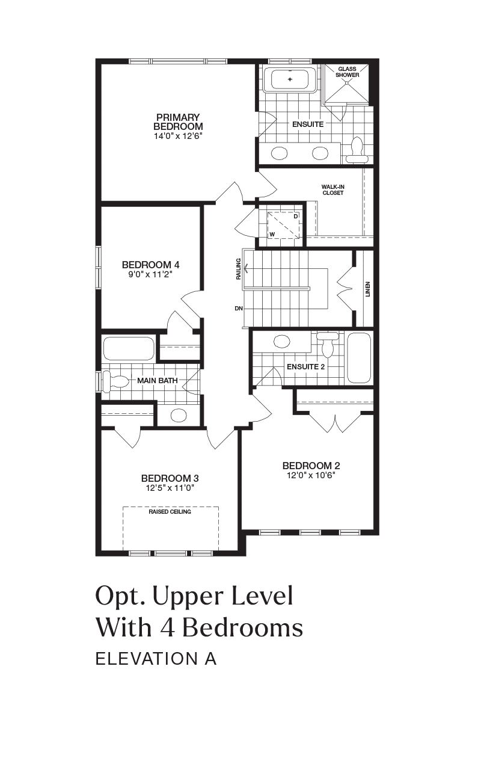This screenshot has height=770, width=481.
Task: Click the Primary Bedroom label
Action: (178, 122)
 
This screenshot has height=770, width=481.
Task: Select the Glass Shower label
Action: (348, 72)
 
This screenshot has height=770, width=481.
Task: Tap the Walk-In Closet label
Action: (333, 189)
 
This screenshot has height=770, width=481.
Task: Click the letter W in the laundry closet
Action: (272, 234)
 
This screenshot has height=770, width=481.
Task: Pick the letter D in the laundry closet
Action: (295, 217)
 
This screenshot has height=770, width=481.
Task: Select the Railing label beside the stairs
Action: (239, 269)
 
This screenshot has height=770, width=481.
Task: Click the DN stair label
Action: (239, 309)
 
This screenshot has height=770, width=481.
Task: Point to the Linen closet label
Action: (367, 289)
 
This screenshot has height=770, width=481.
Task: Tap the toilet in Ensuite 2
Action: (328, 345)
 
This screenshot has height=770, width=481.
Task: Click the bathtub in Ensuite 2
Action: (359, 357)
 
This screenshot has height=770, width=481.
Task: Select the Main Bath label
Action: (158, 381)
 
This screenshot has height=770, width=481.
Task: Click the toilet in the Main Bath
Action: (116, 381)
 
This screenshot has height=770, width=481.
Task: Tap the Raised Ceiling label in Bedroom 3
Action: (170, 512)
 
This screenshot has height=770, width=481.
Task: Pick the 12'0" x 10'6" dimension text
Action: (311, 475)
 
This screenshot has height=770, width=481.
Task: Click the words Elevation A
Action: (156, 659)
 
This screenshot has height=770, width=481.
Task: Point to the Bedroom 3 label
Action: (170, 478)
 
